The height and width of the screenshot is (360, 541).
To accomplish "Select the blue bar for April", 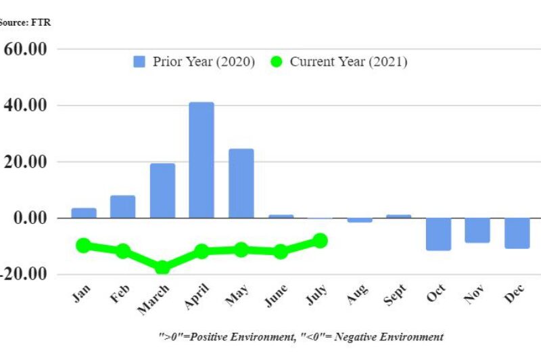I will [x=202, y=160].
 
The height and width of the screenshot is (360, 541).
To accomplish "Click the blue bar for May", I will [x=241, y=183].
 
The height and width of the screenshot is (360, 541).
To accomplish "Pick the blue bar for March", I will [x=162, y=190].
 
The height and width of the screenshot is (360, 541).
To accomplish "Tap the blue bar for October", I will [x=438, y=234].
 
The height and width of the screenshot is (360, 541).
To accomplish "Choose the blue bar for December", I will [x=517, y=233].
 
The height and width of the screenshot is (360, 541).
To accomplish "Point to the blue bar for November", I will [x=477, y=230].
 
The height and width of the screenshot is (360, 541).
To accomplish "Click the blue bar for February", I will [x=123, y=206].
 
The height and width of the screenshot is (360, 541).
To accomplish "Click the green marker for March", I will [x=162, y=267].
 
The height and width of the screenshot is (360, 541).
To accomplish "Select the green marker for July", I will [x=320, y=240].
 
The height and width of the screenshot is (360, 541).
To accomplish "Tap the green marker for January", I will [x=83, y=245].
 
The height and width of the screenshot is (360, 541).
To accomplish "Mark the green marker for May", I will [x=241, y=250].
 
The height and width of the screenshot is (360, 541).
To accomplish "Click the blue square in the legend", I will [x=139, y=62].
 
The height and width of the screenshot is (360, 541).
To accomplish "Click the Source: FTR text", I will [x=25, y=22].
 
